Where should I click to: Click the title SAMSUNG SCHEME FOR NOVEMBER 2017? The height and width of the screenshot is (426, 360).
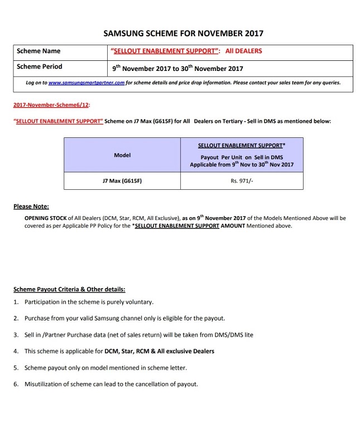[x=183, y=33]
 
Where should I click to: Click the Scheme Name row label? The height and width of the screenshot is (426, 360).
[x=39, y=51]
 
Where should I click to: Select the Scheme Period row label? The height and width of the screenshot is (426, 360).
[x=40, y=66]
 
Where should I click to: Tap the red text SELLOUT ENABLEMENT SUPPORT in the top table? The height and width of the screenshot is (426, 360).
[x=164, y=51]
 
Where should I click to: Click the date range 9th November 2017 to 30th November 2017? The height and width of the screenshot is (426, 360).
[x=177, y=68]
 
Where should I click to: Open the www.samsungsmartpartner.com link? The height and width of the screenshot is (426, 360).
[x=86, y=83]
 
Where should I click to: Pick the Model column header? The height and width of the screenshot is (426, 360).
[x=122, y=155]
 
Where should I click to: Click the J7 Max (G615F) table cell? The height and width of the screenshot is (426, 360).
[x=122, y=181]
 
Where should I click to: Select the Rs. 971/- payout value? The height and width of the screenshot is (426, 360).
[x=242, y=181]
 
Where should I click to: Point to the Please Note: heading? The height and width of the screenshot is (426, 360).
[x=31, y=207]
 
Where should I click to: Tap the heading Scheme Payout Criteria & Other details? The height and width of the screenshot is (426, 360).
[x=69, y=289]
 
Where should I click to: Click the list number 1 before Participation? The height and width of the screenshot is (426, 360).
[x=16, y=302]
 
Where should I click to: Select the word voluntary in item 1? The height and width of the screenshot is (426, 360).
[x=138, y=302]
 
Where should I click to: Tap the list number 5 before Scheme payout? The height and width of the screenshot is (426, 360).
[x=16, y=368]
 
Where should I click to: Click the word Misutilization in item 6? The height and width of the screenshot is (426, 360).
[x=46, y=384]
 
